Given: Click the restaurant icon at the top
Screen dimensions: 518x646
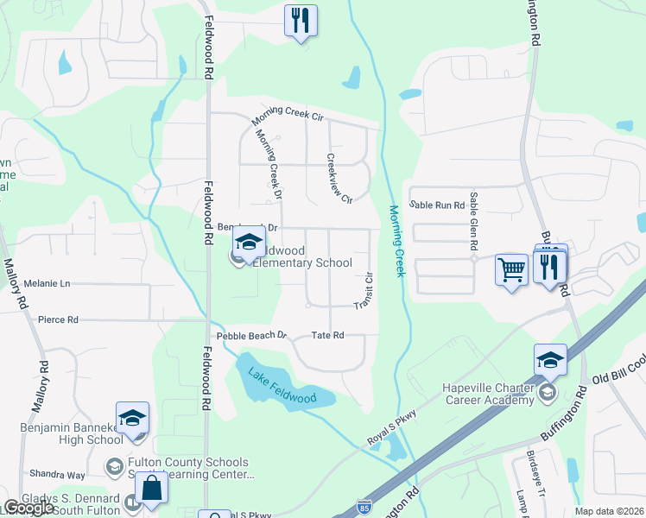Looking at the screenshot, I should pos(301,21).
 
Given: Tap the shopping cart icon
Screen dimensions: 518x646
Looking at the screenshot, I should pos(511,270).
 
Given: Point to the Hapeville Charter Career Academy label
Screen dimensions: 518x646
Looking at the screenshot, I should pos(490,394).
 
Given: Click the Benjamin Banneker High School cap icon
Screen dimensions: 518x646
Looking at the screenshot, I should pos(132,418).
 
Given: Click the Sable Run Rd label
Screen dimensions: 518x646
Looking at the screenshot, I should pos(437,205).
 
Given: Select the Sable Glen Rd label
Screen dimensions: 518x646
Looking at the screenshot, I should pos(473,221).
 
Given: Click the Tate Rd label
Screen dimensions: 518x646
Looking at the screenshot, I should pos(327,335).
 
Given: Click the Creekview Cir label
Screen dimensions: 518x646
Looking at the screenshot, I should pos(339,179).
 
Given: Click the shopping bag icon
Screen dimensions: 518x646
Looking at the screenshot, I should pos(151,488).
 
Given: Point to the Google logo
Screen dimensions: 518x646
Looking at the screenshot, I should pos(28,508).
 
